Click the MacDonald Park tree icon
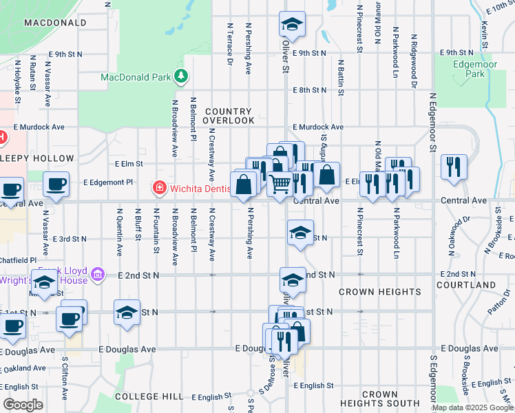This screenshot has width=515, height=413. [x=181, y=76]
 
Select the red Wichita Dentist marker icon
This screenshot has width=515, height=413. [x=159, y=187]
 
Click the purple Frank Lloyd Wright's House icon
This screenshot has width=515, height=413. [x=98, y=275]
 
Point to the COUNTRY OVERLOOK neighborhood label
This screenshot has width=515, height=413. [x=229, y=116]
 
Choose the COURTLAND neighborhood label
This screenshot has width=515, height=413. [x=466, y=284]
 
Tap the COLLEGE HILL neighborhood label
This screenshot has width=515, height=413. [x=149, y=396]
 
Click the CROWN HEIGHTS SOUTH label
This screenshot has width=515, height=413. [x=379, y=399]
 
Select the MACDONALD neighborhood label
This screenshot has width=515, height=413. [x=55, y=23]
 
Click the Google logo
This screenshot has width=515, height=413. [x=23, y=405]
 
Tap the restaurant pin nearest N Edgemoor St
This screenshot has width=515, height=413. [x=454, y=167]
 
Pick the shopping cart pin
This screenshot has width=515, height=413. [x=280, y=184]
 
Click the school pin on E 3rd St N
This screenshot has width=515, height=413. [x=300, y=233]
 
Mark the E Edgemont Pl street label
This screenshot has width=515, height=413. [x=107, y=182]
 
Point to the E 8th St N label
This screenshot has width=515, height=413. [x=309, y=90]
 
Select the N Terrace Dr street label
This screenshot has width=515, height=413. [x=230, y=43]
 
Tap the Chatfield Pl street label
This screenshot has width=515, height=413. [x=18, y=260]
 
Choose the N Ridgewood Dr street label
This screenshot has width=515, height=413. [x=414, y=62]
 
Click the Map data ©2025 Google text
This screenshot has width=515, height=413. [x=472, y=407]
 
